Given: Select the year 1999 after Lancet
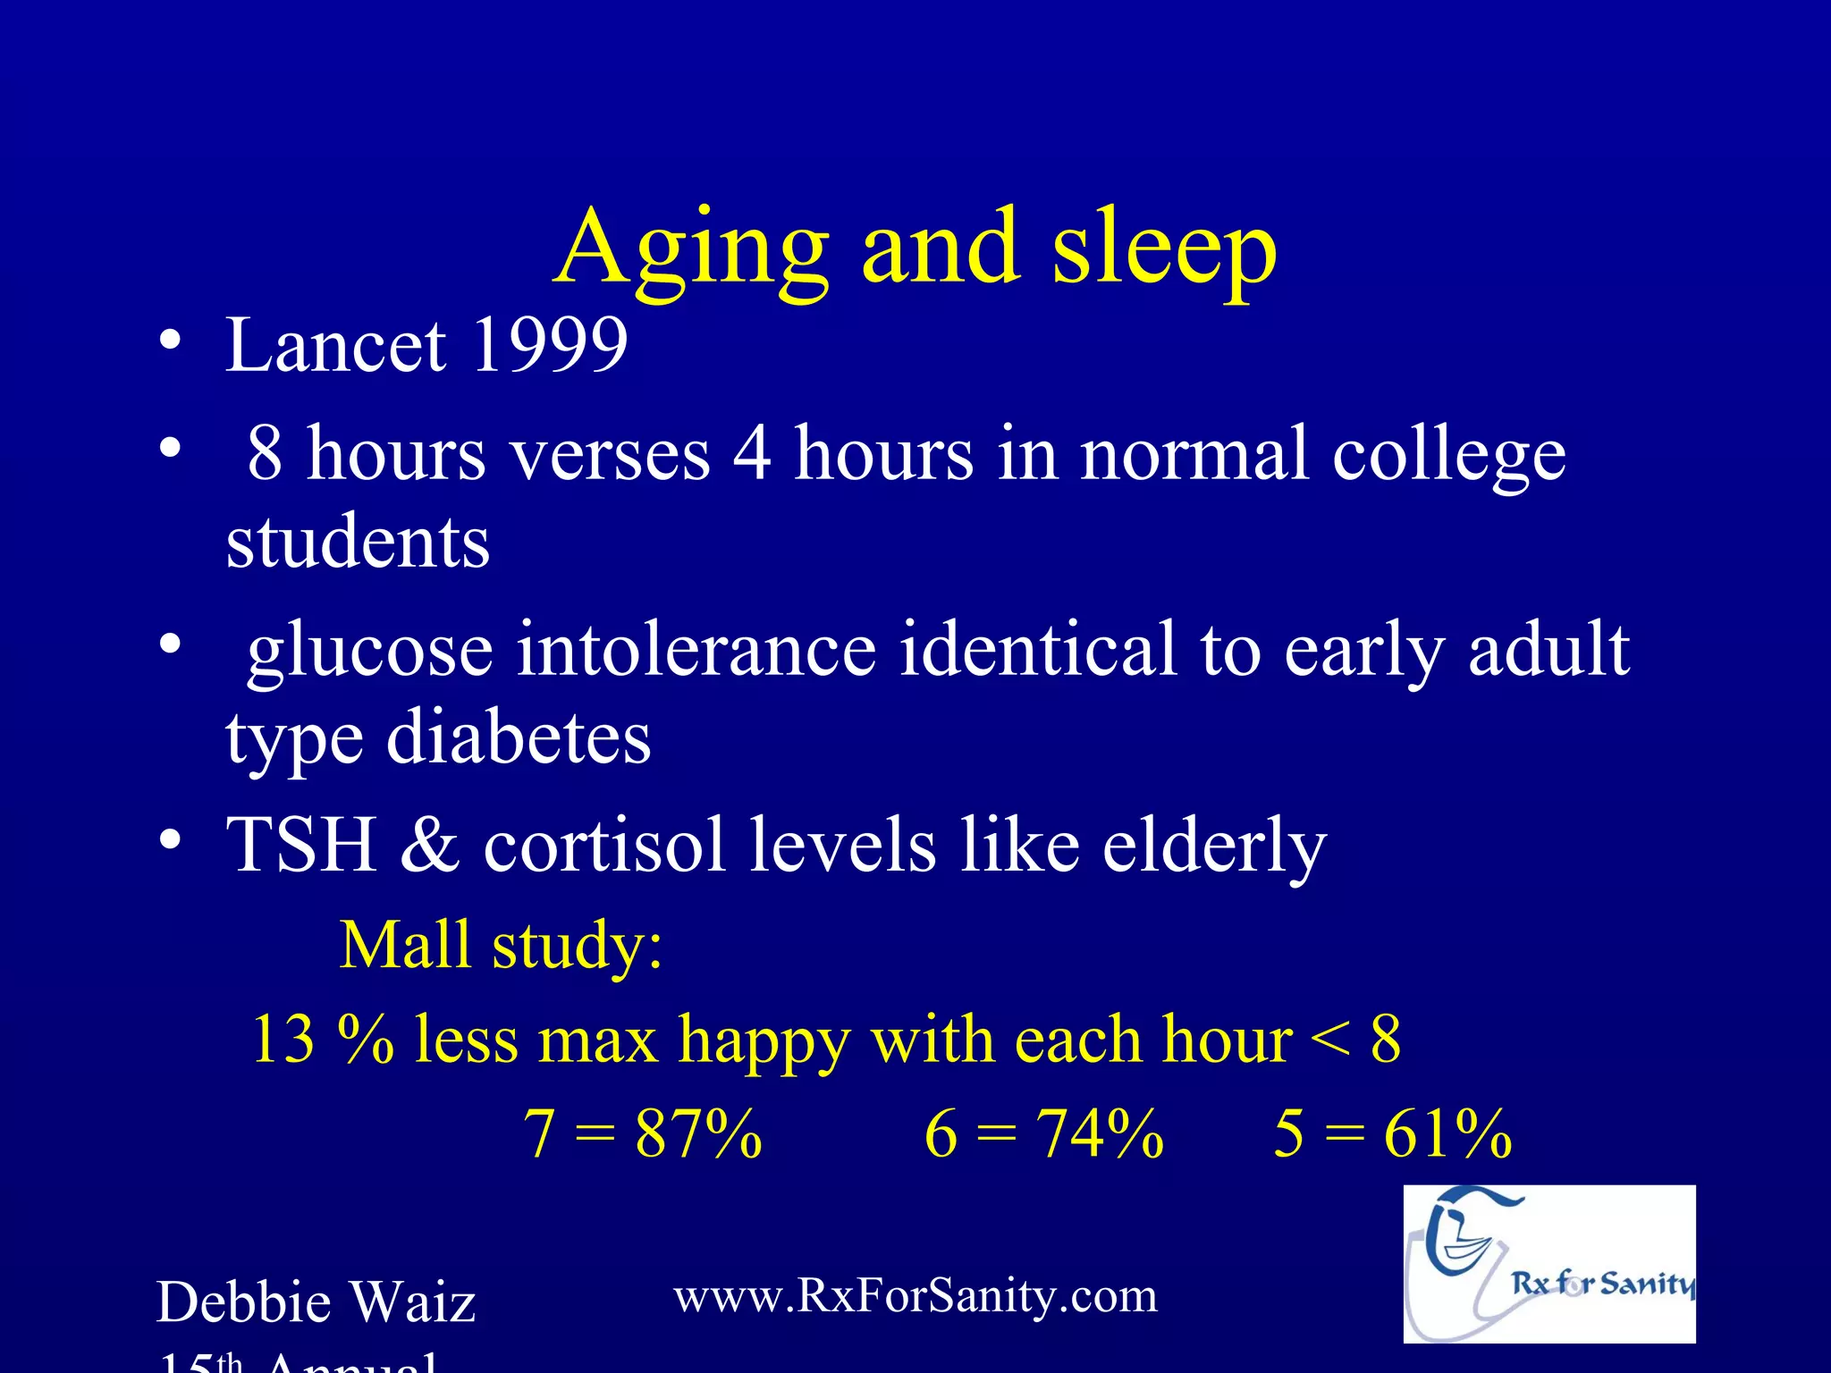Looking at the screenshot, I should pyautogui.click(x=549, y=346).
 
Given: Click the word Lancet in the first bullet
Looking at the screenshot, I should pyautogui.click(x=335, y=346).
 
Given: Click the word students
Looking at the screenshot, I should pyautogui.click(x=358, y=543).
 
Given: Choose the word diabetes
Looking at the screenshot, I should pyautogui.click(x=519, y=739).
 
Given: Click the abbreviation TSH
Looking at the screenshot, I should pyautogui.click(x=300, y=845).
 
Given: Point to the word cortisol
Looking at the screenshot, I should pyautogui.click(x=604, y=845).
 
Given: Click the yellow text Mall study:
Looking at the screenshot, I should pyautogui.click(x=502, y=946).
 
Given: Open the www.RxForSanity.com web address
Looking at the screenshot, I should pyautogui.click(x=915, y=1296).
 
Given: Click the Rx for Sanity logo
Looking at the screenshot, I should pyautogui.click(x=1548, y=1264).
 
